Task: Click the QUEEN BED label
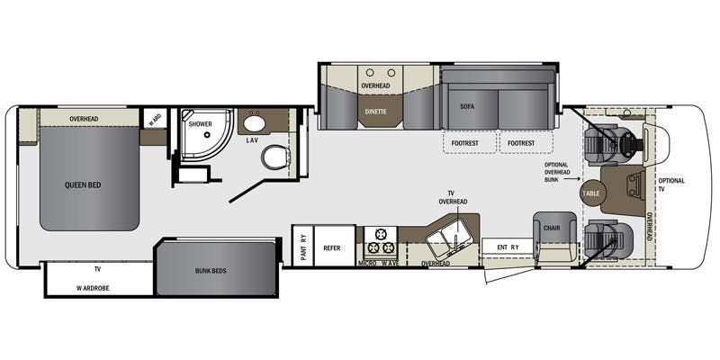[x=83, y=185]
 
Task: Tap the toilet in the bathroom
[x=275, y=157]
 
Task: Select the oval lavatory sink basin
[x=253, y=123]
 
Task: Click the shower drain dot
[x=207, y=135]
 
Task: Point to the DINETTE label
[x=375, y=112]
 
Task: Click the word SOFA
[x=467, y=106]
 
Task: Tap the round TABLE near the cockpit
[x=591, y=193]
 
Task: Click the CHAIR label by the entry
[x=552, y=228]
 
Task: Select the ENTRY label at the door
[x=508, y=247]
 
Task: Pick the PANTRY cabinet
[x=302, y=245]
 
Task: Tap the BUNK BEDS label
[x=211, y=271]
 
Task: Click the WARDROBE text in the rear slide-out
[x=94, y=288]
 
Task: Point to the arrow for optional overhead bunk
[x=572, y=179]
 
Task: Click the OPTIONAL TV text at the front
[x=670, y=184]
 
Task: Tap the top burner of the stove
[x=380, y=234]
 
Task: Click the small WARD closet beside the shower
[x=155, y=118]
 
